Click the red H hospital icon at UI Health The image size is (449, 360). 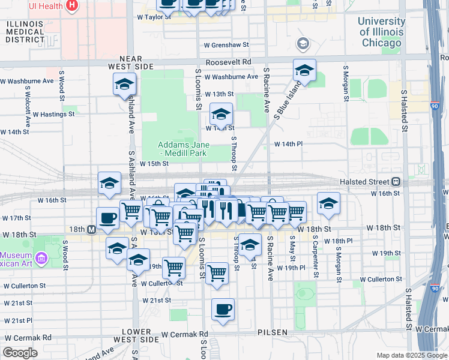(72, 6)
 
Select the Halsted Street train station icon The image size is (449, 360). (396, 182)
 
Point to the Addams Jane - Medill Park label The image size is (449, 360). (181, 149)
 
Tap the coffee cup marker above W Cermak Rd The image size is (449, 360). (223, 310)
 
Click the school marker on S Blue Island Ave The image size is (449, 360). (304, 71)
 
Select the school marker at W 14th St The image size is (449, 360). (221, 113)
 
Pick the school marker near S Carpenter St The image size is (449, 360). (328, 203)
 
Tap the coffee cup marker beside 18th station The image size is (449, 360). (108, 218)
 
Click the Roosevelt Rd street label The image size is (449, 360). (228, 62)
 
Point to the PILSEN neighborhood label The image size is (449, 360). (274, 332)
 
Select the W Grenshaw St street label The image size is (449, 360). (226, 44)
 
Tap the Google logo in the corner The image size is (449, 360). (20, 353)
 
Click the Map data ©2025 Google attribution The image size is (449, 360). (411, 355)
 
